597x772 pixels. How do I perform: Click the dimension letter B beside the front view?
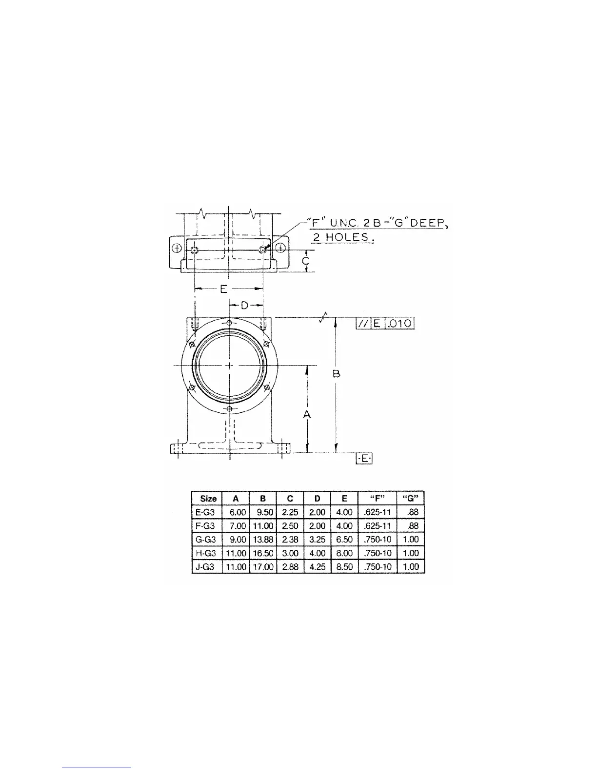(x=337, y=374)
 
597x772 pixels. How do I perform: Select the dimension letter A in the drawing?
(x=307, y=414)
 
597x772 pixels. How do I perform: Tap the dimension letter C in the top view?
(x=305, y=261)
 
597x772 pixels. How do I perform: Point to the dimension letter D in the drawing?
(x=245, y=305)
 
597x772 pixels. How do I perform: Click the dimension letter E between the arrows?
(x=223, y=289)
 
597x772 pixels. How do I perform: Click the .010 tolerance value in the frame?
(x=399, y=323)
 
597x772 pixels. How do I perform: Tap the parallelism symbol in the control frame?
(x=363, y=323)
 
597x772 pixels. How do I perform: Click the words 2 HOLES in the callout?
(x=343, y=237)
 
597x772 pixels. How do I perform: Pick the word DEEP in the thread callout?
(x=427, y=223)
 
